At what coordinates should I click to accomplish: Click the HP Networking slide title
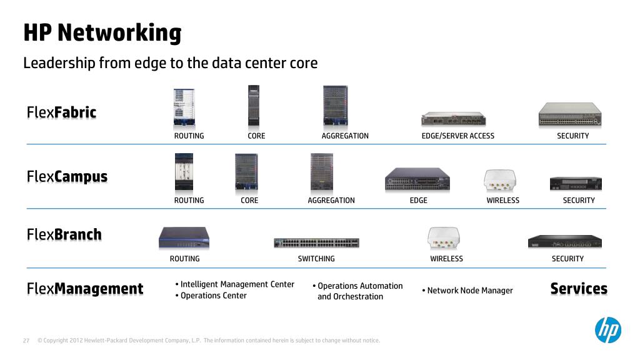[102, 32]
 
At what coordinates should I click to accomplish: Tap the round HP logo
[607, 329]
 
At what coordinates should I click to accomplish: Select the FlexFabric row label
[61, 112]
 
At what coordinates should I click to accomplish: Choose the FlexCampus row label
[67, 177]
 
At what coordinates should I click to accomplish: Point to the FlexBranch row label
[64, 235]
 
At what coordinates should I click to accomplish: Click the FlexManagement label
[85, 289]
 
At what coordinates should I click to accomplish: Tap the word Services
[578, 289]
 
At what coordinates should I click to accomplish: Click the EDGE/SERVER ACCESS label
[457, 136]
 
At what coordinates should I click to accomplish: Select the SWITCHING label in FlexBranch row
[316, 259]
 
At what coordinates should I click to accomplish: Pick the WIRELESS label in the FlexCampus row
[502, 201]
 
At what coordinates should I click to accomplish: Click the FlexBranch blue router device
[184, 238]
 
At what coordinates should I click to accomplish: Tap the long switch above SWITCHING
[316, 242]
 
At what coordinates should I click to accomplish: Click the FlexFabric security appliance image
[570, 114]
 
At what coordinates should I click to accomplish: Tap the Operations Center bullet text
[213, 296]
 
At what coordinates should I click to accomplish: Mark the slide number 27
[26, 341]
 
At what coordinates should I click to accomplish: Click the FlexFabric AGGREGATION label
[344, 136]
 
